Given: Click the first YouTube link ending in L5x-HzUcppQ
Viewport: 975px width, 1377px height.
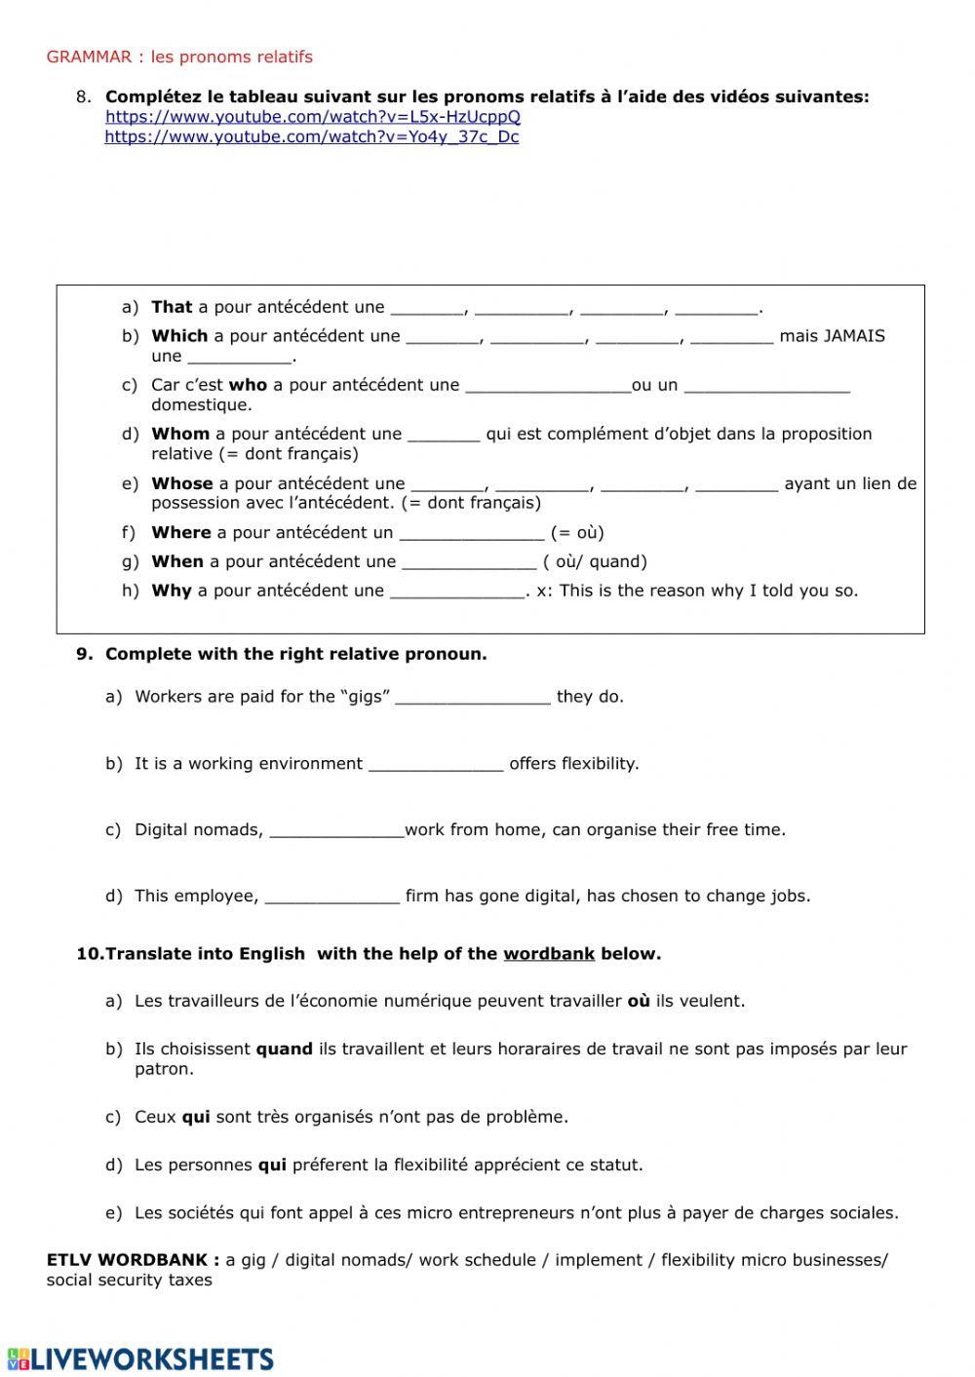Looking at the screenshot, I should point(313,117).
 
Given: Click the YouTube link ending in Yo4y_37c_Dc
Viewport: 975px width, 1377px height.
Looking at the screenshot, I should point(311,137).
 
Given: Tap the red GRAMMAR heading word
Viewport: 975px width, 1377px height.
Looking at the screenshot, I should point(89,57).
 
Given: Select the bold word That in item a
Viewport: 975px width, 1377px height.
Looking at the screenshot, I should point(172,307).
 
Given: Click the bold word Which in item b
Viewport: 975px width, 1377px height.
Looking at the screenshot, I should point(179,336).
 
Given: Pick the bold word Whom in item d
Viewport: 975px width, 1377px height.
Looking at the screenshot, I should point(180,434).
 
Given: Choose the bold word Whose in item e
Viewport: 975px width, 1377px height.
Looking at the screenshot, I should point(182,483).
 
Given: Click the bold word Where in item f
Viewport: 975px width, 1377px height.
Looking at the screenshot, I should point(181,532).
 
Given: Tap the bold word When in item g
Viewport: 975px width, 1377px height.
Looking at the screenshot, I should point(177,561).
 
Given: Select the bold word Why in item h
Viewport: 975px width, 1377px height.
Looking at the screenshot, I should point(172,591).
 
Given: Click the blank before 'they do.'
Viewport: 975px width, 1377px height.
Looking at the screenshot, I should point(473,698).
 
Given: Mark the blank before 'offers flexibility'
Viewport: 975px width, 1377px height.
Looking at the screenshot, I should point(436,764).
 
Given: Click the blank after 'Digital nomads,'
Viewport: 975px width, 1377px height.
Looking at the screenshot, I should point(336,830).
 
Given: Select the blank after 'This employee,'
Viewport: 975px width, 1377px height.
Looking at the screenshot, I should point(332,897).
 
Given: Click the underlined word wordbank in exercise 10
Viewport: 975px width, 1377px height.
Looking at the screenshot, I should point(549,954).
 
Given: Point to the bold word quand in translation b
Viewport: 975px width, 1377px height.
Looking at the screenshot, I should point(284,1050).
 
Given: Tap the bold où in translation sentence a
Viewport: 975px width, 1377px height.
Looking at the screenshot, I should point(639,1001).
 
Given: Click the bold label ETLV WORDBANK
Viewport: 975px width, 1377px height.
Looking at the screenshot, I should point(133,1260).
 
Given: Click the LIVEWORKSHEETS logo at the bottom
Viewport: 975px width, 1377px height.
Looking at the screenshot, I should point(140,1358).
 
